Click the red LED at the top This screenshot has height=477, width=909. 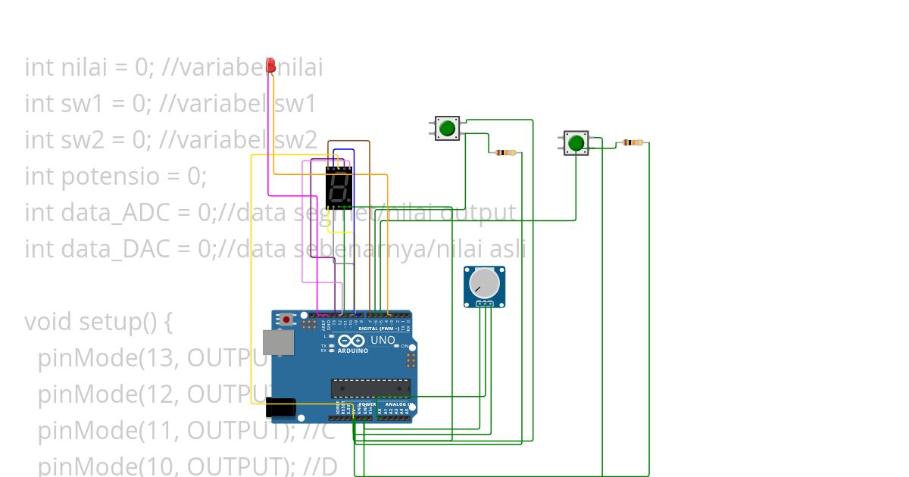click(270, 67)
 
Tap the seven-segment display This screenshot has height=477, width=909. click(339, 188)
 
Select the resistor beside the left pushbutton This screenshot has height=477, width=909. click(505, 153)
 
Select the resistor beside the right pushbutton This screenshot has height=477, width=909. click(633, 142)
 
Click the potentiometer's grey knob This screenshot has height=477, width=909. click(484, 284)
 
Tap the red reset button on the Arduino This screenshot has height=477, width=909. click(286, 320)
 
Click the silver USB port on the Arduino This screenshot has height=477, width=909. click(277, 342)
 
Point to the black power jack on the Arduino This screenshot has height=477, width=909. click(282, 409)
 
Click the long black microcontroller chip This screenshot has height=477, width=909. click(370, 388)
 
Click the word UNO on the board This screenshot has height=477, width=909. click(383, 341)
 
